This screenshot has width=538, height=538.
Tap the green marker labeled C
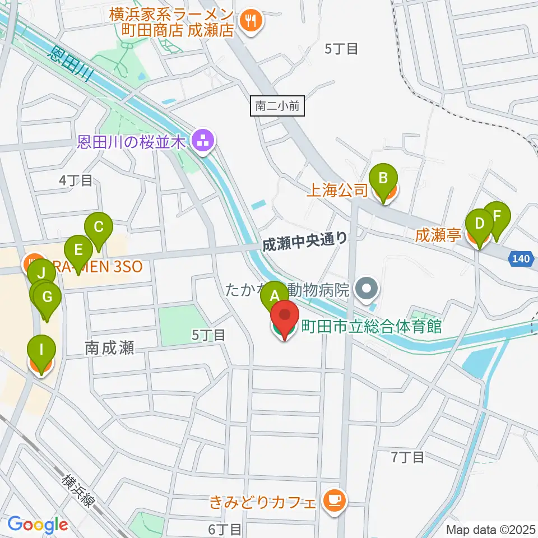pos(99,228)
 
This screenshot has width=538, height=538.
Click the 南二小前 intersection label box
pos(277,105)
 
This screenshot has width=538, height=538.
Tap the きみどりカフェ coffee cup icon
pos(335,500)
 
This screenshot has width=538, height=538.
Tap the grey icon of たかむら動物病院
pos(368,290)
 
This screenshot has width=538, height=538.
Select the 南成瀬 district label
pos(110,348)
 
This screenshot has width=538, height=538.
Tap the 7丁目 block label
pos(407,457)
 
